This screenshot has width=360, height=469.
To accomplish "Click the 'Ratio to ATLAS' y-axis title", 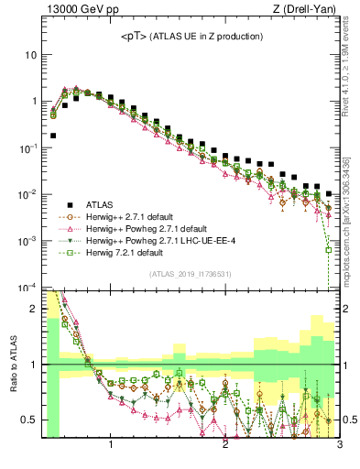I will coord(12,364).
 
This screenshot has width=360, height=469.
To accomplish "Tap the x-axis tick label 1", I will coord(112,446).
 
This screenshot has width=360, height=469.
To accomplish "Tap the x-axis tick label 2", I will coord(225,446).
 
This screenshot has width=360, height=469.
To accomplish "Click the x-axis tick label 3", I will coord(339,446).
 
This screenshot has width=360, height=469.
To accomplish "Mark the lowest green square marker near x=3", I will coord(329,249).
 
